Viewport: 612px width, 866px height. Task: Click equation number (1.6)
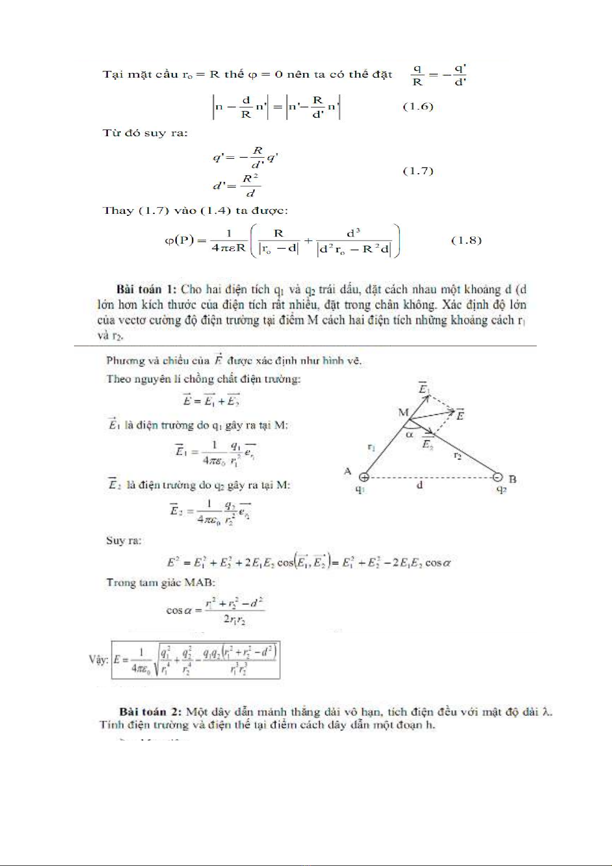point(418,107)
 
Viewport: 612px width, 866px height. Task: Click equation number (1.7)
point(418,171)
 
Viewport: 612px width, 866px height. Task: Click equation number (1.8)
point(466,241)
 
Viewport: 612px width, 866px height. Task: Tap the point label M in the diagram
point(403,412)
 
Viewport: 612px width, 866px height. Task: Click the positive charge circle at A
point(363,477)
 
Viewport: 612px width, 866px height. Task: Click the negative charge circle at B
point(497,477)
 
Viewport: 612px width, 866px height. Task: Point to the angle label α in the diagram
point(410,435)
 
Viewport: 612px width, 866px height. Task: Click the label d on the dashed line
point(420,485)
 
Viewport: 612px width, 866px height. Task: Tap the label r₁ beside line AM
point(372,447)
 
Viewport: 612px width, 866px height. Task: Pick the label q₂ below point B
point(502,490)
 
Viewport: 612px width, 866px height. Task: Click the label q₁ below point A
point(360,490)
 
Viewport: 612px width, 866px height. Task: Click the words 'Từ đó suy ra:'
point(145,133)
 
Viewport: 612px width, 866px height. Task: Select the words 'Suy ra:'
point(123,541)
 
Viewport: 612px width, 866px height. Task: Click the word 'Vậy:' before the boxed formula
point(99,659)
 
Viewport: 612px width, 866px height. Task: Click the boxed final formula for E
point(195,660)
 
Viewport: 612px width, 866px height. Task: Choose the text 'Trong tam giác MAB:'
point(160,583)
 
